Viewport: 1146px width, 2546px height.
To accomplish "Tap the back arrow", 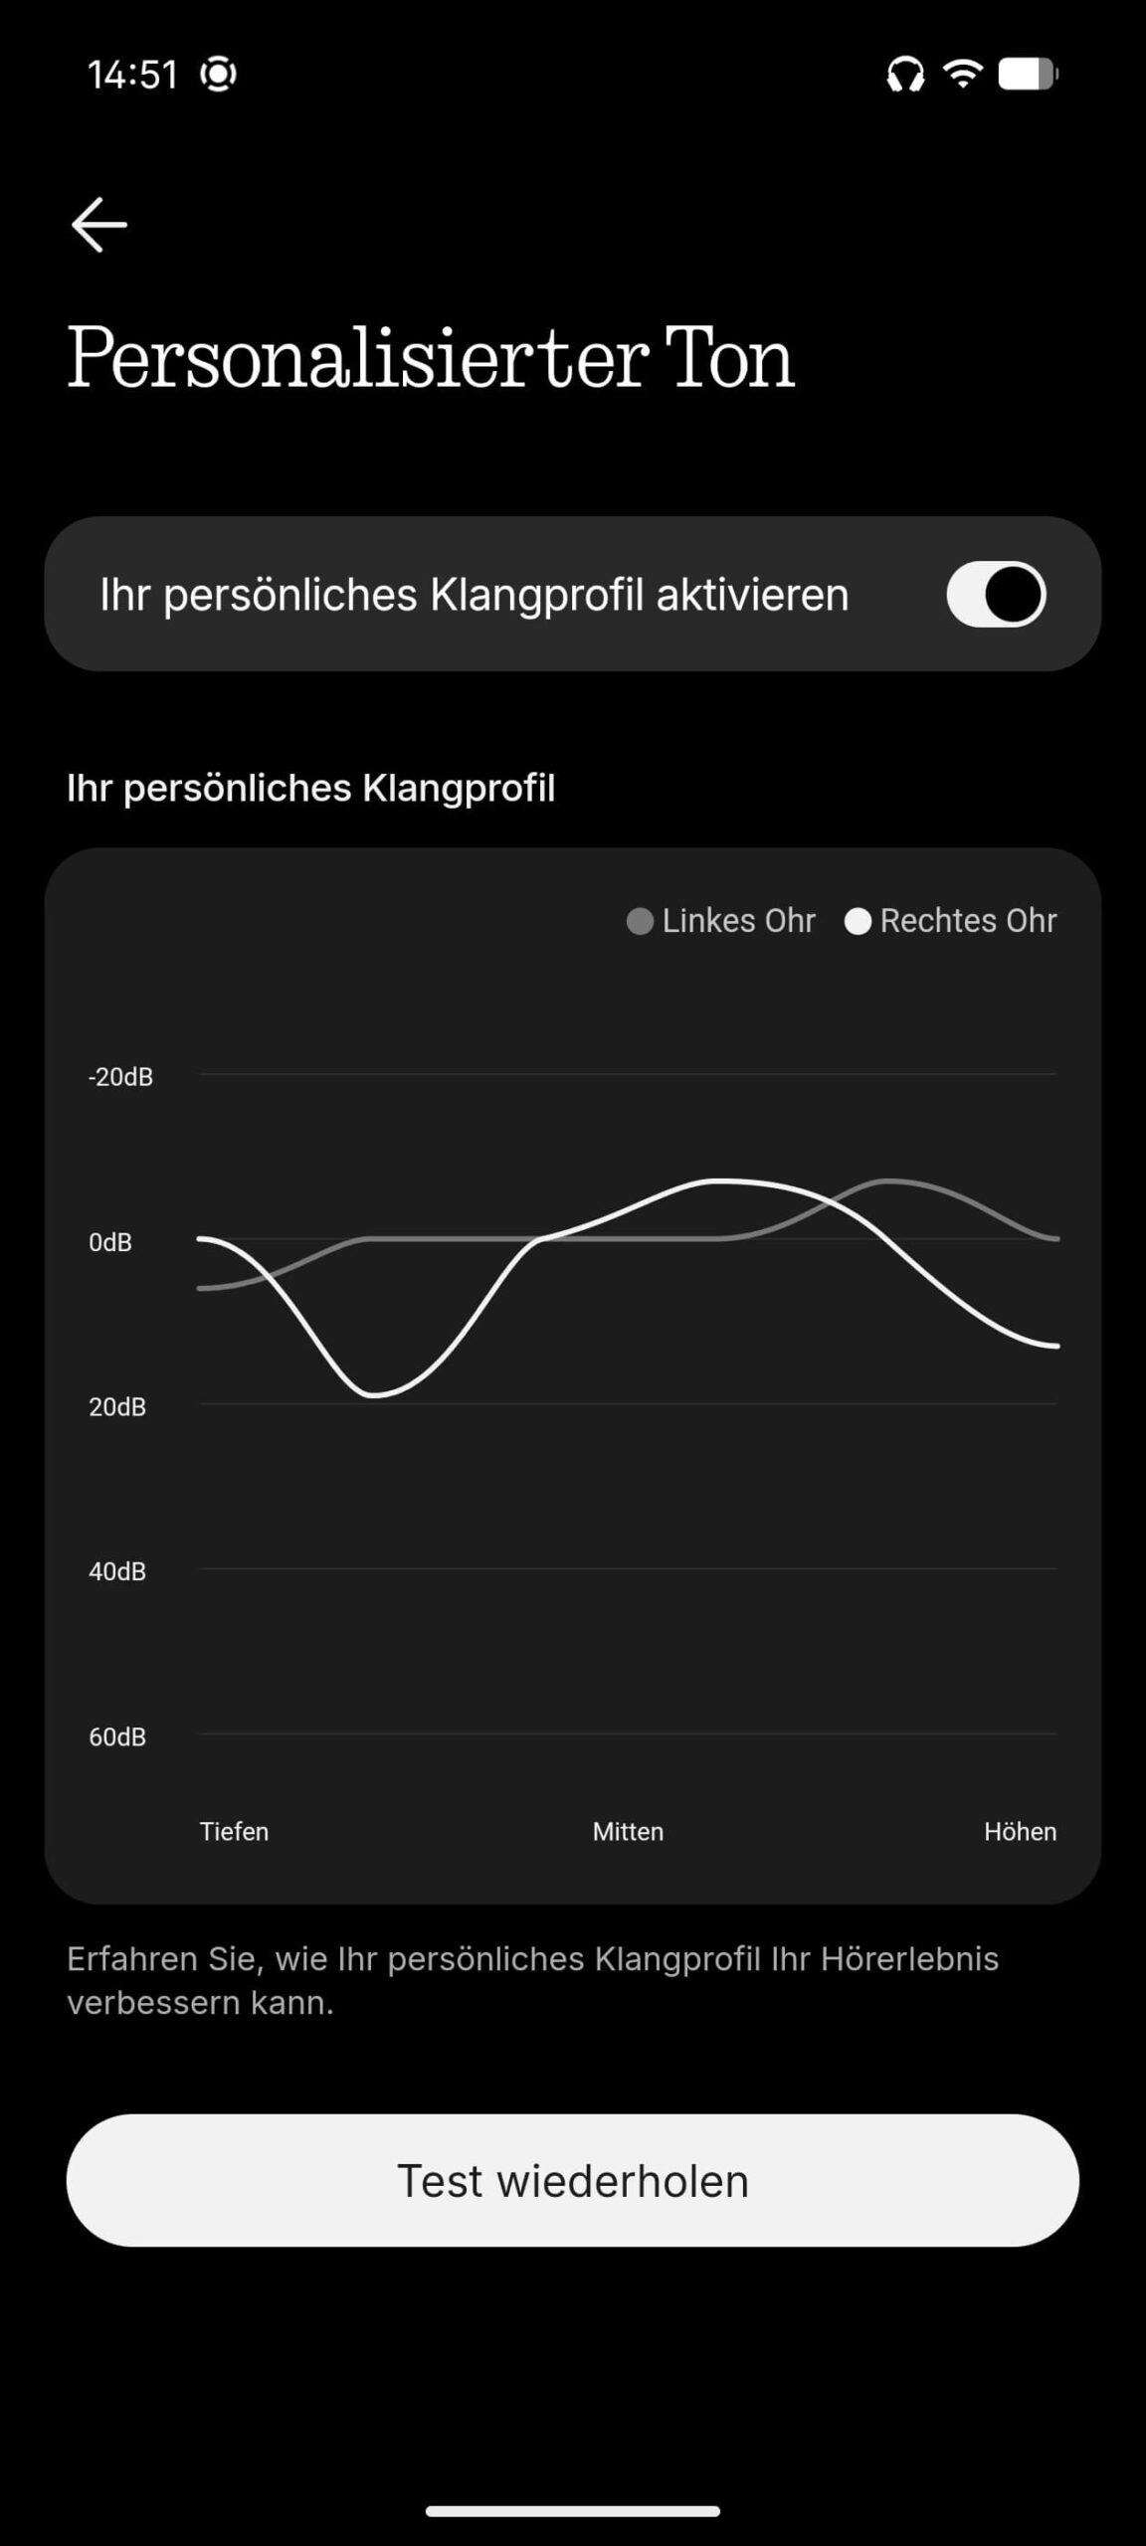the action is click(x=98, y=225).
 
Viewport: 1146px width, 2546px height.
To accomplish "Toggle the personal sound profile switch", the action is click(x=996, y=595).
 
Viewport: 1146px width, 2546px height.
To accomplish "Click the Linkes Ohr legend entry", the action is click(x=721, y=921).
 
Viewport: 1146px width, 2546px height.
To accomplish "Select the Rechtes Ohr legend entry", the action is click(x=951, y=921).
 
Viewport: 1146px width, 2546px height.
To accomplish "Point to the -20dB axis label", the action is click(x=120, y=1076).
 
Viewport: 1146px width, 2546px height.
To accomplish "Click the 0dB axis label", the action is click(x=110, y=1242).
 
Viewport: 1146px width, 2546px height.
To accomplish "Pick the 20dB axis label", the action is click(x=117, y=1407).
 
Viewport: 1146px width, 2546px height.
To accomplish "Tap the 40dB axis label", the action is click(x=117, y=1571).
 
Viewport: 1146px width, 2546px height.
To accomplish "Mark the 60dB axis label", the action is click(x=117, y=1736).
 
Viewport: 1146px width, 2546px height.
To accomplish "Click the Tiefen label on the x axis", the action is click(x=234, y=1831).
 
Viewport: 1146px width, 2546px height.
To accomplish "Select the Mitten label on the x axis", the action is click(x=628, y=1831).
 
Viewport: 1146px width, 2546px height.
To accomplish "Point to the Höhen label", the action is click(x=1021, y=1831).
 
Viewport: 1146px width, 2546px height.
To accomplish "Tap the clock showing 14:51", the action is click(x=132, y=75).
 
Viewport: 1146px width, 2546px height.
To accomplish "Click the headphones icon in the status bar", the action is click(x=905, y=75).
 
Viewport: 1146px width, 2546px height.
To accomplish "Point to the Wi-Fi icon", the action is click(x=963, y=73).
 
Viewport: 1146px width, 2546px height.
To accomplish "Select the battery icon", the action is click(x=1029, y=74).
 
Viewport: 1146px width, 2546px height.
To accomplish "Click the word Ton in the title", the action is click(x=729, y=358).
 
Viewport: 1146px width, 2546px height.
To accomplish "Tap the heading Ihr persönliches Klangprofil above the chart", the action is click(x=311, y=788).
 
